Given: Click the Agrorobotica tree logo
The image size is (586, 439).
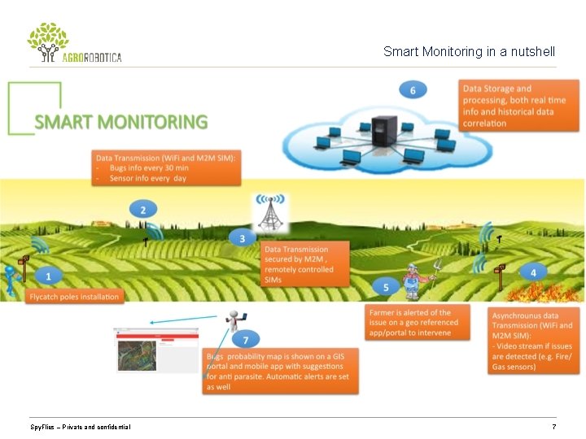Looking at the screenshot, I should [48, 41].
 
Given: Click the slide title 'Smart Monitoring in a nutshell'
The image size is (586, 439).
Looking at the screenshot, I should [469, 52].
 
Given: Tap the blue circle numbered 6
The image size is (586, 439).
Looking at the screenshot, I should [413, 89].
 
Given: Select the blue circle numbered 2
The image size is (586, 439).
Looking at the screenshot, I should [143, 211].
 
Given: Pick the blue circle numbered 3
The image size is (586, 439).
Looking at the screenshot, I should [241, 238].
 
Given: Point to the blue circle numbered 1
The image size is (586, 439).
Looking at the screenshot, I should [48, 276].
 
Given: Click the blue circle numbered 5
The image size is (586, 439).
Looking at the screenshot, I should [387, 287].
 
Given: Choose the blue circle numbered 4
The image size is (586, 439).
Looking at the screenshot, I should [533, 272].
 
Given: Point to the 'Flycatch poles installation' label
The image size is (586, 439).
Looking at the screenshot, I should [74, 297].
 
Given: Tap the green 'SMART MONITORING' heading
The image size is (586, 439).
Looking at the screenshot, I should [120, 123].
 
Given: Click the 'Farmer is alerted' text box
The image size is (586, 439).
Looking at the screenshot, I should [418, 322].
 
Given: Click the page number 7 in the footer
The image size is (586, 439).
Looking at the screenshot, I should [553, 427].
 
